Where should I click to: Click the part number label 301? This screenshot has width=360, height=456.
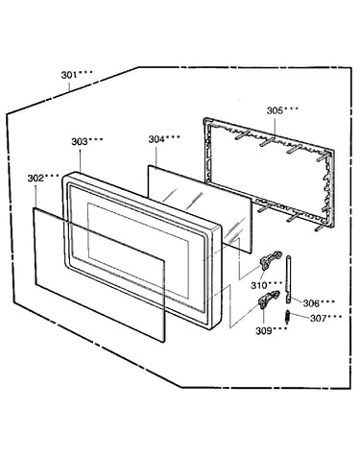click(69, 75)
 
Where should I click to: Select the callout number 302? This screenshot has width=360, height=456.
click(36, 179)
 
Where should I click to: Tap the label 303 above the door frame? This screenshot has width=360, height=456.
click(80, 142)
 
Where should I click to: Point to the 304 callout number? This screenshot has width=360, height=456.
click(156, 139)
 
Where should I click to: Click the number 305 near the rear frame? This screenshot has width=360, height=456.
click(275, 110)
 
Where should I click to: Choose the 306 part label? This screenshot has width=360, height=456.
click(311, 303)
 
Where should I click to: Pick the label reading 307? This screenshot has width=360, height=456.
click(318, 319)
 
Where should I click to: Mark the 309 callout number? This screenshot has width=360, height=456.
click(263, 331)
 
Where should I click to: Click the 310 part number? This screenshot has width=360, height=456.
click(258, 285)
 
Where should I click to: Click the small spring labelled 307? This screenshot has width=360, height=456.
click(288, 317)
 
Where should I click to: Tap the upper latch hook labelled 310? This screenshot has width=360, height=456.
click(271, 260)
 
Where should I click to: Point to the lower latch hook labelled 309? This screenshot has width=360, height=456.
click(268, 300)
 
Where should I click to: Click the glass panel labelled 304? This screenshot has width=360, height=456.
click(200, 209)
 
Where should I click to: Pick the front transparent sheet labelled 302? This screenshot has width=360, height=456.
click(100, 275)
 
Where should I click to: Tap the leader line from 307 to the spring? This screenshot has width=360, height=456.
click(300, 316)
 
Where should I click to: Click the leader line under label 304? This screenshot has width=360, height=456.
click(156, 156)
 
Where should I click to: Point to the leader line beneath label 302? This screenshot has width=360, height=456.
click(36, 196)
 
